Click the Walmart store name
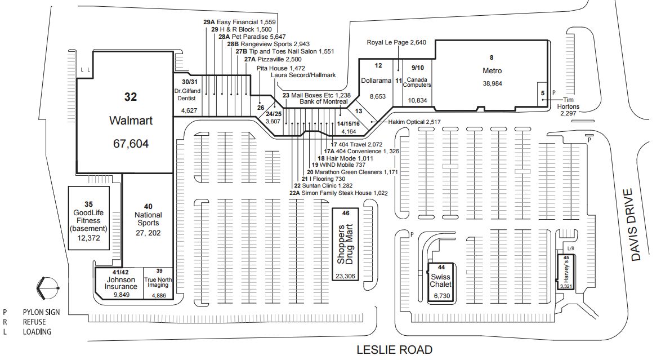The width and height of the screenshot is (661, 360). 131,121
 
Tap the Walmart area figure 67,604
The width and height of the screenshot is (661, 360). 131,144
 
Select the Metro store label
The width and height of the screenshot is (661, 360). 492,71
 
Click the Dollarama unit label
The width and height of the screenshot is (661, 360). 376,81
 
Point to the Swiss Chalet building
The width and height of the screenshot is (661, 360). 441,282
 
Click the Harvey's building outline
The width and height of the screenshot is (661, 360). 566,272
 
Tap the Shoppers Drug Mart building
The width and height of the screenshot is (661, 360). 345,245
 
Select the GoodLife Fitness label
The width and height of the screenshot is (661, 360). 88,221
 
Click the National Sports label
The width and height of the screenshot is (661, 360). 148,219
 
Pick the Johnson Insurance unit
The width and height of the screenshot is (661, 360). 120,283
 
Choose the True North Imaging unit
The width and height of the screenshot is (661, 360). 159,283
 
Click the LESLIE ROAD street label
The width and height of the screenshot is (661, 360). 395,350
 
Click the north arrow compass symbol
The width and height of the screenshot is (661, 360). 47,288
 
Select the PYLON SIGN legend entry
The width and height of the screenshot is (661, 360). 41,312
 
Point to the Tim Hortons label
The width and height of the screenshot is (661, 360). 568,104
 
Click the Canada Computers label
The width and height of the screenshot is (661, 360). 417,82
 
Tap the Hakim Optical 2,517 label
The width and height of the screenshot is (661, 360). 414,122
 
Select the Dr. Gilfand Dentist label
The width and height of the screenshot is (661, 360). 187,95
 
